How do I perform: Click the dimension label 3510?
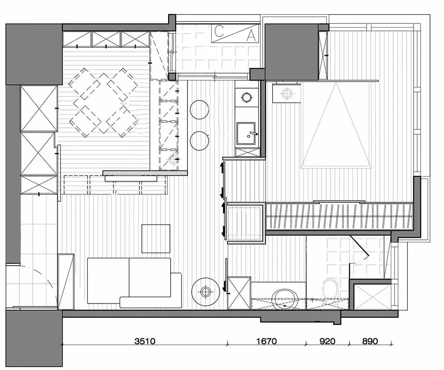(x=145, y=341)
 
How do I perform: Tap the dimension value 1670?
(x=266, y=341)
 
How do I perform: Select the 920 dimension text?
(x=327, y=341)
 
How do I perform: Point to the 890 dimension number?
(x=370, y=341)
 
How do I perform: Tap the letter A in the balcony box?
(x=251, y=36)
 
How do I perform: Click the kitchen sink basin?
(x=246, y=133)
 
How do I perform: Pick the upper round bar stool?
(x=199, y=110)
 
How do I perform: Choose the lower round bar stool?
(x=199, y=140)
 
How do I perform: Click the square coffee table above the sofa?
(x=156, y=239)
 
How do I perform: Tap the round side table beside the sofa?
(x=206, y=292)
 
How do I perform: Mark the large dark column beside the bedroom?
(x=291, y=52)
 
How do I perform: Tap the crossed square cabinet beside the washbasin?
(x=239, y=293)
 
